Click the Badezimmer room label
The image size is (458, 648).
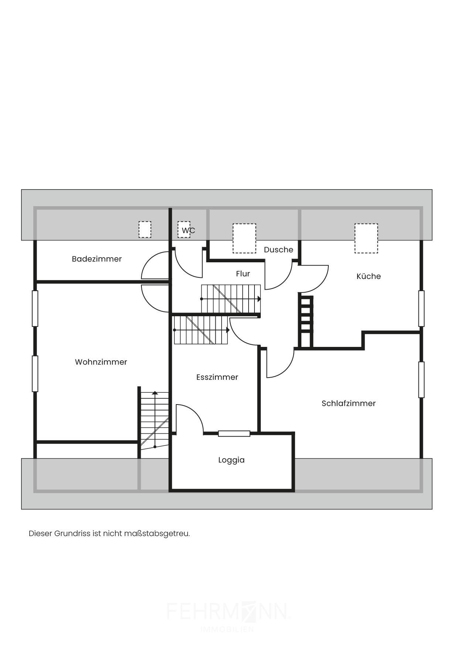(x=97, y=259)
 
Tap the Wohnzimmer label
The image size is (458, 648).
(x=101, y=362)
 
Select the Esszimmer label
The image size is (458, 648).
(x=217, y=377)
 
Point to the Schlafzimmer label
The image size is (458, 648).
(x=348, y=403)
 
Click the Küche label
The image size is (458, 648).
(x=368, y=276)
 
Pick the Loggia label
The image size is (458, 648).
(x=231, y=460)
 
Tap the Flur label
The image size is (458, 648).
(x=243, y=274)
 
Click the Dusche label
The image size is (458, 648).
(x=278, y=250)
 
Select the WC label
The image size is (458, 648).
(x=188, y=231)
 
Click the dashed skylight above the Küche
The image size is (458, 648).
(x=366, y=238)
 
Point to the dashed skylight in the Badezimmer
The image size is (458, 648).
(x=145, y=229)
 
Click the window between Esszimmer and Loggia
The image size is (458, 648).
(x=234, y=433)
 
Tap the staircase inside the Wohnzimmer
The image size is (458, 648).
(x=155, y=419)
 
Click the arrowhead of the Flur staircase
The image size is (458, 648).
(x=259, y=299)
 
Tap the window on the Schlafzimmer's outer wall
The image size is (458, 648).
(x=421, y=379)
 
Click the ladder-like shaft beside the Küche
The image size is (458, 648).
(x=306, y=322)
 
